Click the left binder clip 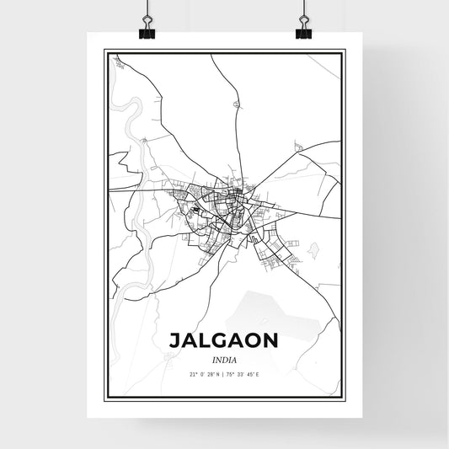point(147,31)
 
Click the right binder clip point(303,31)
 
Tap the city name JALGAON point(224,340)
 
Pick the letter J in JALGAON point(175,340)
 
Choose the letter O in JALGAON point(259,340)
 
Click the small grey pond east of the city point(315,249)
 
